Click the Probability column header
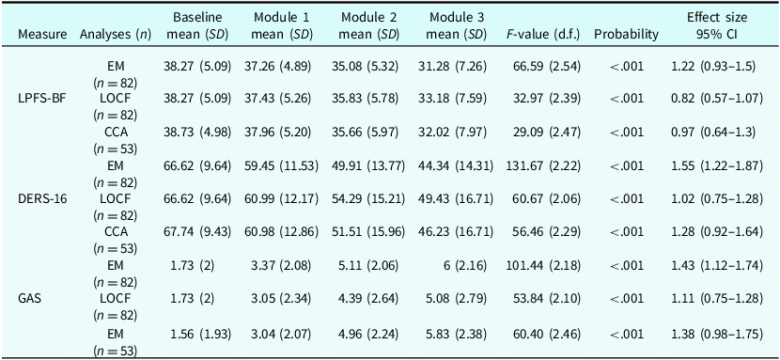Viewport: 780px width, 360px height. point(626,35)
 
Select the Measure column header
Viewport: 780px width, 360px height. point(41,35)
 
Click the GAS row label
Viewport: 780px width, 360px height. point(27,299)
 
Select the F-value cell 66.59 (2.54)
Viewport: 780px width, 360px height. point(547,66)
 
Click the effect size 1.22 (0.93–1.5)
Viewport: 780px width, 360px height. point(714,66)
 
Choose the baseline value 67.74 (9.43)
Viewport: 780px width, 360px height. point(197,232)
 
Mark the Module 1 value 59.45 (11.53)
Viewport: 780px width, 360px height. point(281,165)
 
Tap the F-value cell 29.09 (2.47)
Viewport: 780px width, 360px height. point(547,133)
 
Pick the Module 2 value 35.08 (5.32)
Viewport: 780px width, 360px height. point(366,66)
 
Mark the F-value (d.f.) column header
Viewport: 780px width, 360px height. point(543,35)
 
